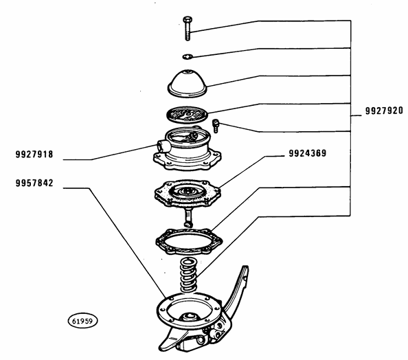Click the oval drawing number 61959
tap(82, 320)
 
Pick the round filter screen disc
tap(188, 113)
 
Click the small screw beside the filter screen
tap(216, 124)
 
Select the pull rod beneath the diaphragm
tap(188, 218)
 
